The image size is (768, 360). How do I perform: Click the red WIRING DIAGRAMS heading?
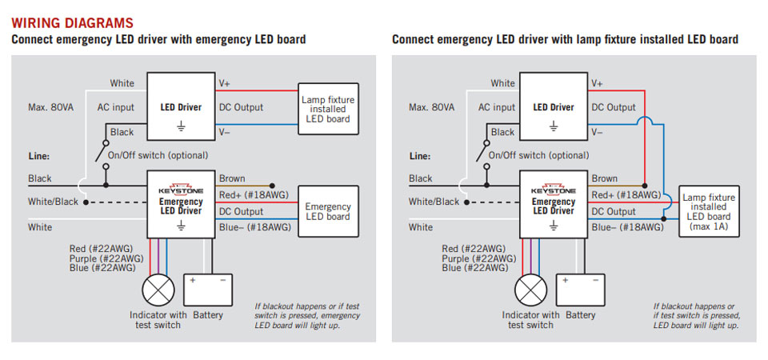(x=72, y=23)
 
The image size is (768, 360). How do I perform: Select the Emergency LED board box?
(x=327, y=212)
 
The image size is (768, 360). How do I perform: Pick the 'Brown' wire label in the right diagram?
(x=604, y=178)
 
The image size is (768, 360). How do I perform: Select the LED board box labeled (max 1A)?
(x=708, y=212)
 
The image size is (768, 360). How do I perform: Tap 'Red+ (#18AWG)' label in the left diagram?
(x=254, y=195)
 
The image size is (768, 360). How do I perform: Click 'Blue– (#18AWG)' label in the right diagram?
(x=627, y=228)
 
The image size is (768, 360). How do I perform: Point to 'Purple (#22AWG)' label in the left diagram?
(x=102, y=258)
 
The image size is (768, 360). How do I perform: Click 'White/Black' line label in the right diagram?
(x=434, y=202)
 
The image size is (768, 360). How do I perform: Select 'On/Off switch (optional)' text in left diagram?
(x=158, y=155)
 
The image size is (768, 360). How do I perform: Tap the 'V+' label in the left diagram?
(x=226, y=83)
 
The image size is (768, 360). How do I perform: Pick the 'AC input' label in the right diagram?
(x=497, y=107)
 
